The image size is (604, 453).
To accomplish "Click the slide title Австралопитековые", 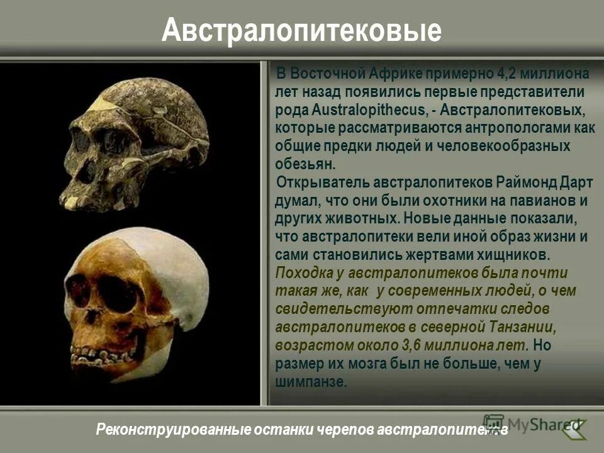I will coord(301,30).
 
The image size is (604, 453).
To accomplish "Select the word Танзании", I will coord(522,328).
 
